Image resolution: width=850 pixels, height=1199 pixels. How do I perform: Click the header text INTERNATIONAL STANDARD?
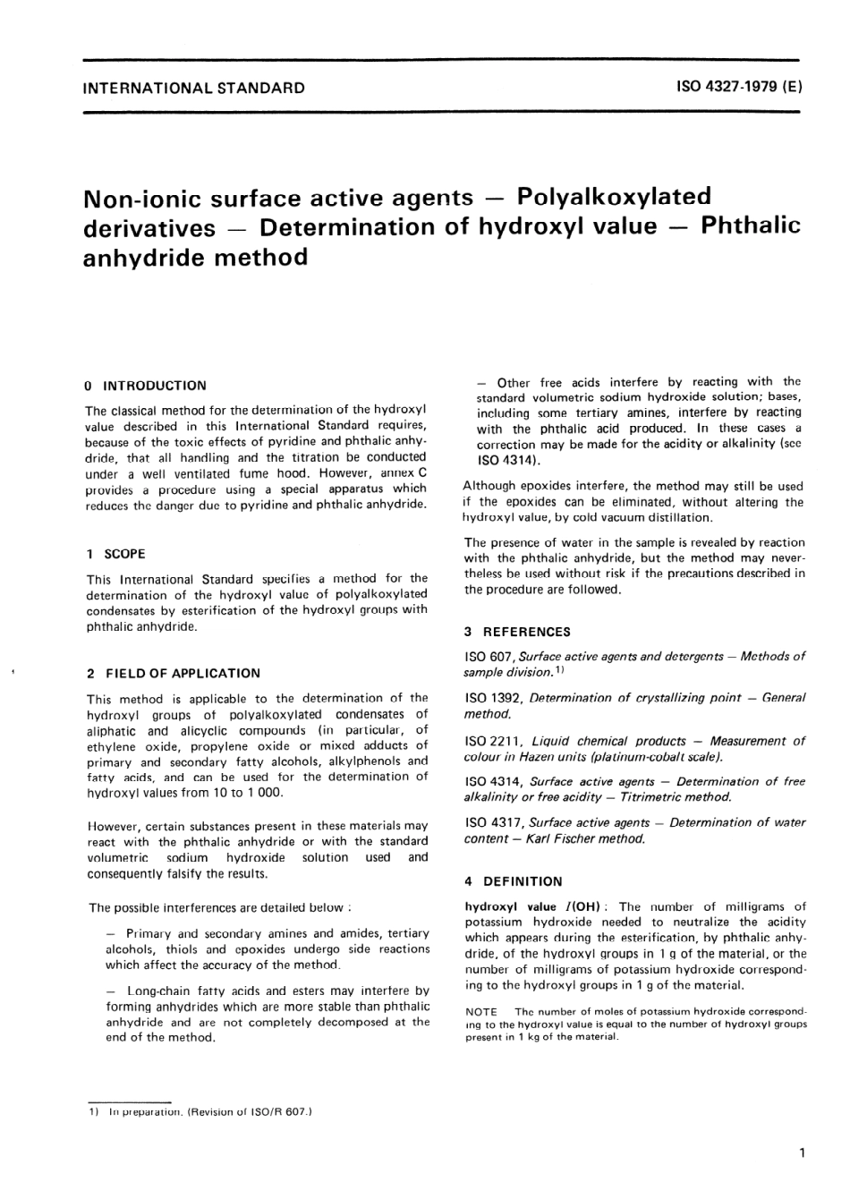click(193, 89)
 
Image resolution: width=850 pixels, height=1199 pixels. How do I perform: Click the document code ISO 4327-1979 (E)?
click(740, 88)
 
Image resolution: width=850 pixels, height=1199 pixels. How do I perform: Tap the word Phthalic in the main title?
click(751, 225)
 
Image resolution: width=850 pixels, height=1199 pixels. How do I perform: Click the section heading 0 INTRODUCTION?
click(146, 386)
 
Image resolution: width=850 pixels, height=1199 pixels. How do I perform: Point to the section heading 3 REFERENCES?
click(517, 632)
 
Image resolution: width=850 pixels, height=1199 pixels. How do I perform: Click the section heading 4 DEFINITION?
click(514, 881)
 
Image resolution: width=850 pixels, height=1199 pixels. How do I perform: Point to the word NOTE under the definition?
click(481, 1012)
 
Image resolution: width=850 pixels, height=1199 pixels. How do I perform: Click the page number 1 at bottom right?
click(802, 1153)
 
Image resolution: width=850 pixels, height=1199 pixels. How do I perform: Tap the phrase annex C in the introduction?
click(404, 473)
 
